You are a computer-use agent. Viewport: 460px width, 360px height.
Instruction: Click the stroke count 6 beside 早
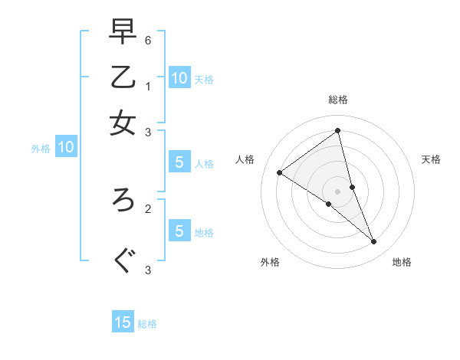[x=148, y=39]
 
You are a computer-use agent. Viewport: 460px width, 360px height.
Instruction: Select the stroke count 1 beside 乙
[x=148, y=86]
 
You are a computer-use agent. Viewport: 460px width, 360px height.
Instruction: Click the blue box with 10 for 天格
[x=179, y=77]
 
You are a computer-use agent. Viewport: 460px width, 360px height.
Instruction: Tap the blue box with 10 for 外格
[x=66, y=147]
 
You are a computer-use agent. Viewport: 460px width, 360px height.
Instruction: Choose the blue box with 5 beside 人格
[x=179, y=162]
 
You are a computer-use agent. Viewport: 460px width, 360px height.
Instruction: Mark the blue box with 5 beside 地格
[x=179, y=231]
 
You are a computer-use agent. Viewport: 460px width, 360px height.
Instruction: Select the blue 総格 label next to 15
[x=148, y=324]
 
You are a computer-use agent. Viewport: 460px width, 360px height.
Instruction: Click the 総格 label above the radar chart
[x=338, y=100]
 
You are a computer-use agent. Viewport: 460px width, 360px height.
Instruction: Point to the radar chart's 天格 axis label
[x=432, y=159]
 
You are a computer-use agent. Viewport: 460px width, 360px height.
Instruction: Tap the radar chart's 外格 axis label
[x=270, y=262]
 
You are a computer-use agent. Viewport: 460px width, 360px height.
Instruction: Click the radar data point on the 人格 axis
[x=280, y=172]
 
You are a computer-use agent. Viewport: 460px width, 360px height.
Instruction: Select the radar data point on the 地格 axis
[x=374, y=242]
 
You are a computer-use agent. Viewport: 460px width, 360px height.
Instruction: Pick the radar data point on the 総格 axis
[x=338, y=131]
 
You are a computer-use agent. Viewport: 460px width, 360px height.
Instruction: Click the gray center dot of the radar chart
[x=338, y=191]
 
